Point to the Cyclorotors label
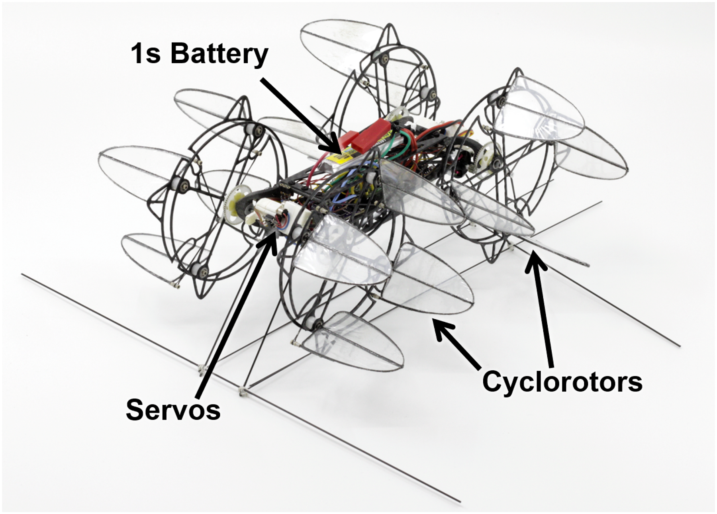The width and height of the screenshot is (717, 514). coord(562,381)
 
